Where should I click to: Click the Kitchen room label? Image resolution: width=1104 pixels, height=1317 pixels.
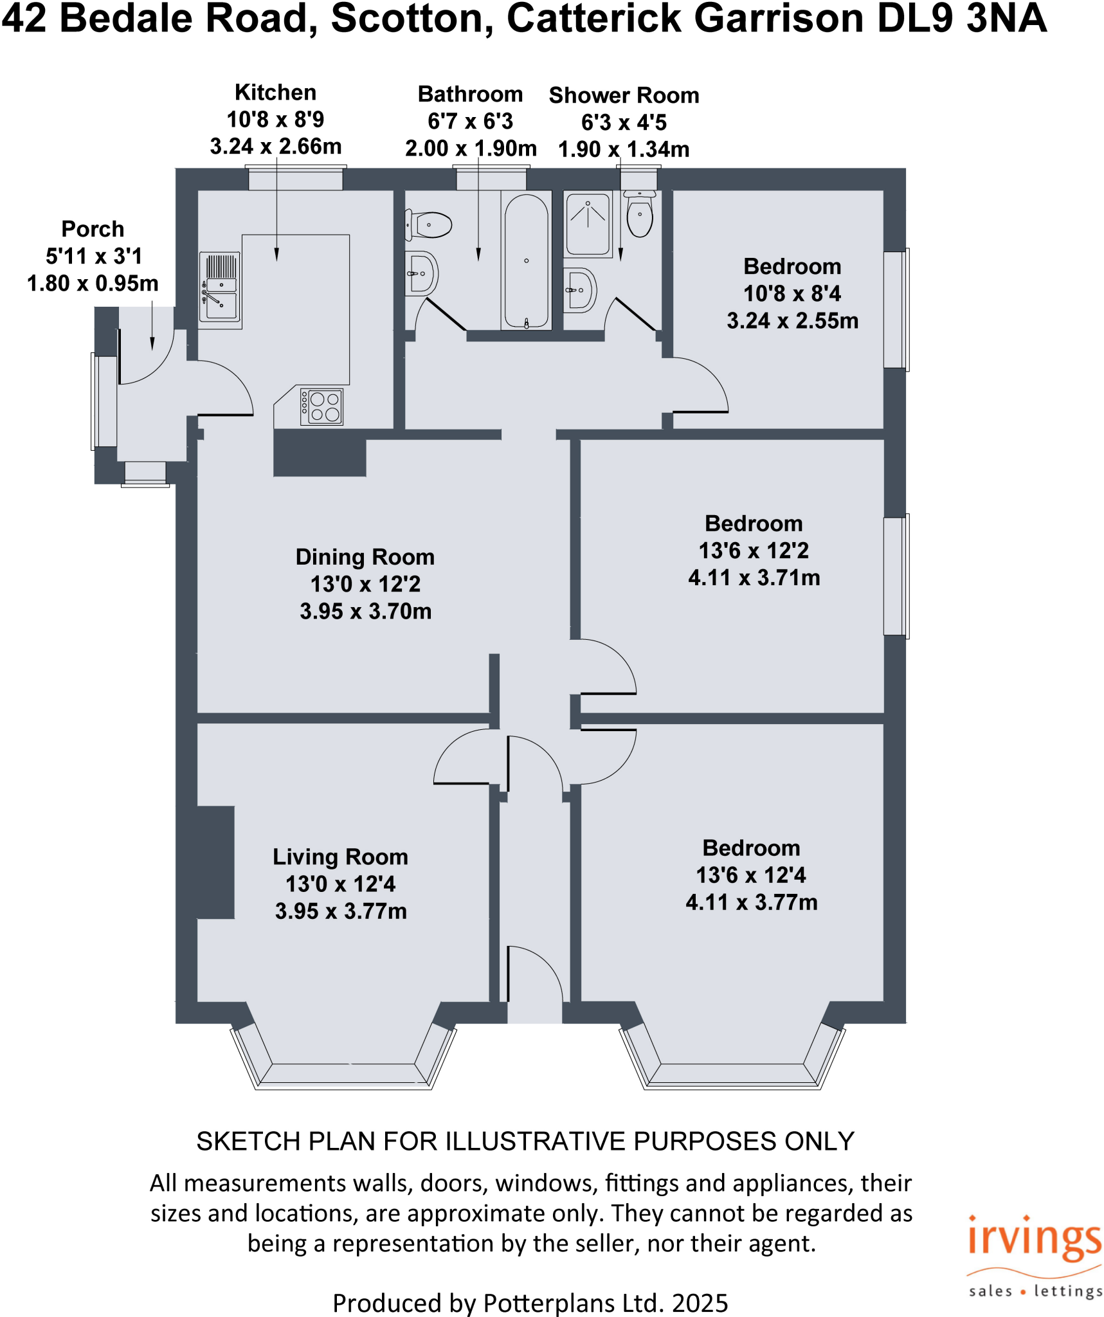(275, 93)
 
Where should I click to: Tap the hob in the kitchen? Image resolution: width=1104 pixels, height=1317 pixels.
(321, 406)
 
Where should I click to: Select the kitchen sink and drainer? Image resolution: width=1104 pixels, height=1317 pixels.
(221, 287)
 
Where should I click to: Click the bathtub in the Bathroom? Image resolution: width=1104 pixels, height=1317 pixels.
(526, 260)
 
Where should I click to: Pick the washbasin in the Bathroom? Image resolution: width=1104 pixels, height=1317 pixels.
(421, 273)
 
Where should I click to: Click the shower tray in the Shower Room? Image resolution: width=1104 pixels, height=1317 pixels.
(588, 224)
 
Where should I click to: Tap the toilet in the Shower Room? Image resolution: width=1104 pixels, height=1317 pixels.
(640, 213)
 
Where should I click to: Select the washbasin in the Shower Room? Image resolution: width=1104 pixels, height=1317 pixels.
(580, 290)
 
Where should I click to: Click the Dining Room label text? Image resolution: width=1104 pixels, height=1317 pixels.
(365, 557)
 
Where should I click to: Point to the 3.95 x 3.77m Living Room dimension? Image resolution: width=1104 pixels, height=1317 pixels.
(341, 911)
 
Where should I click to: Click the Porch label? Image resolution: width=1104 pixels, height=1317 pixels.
(93, 229)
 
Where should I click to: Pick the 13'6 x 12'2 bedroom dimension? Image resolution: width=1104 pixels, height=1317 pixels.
(754, 550)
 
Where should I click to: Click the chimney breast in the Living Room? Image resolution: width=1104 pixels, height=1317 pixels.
(215, 862)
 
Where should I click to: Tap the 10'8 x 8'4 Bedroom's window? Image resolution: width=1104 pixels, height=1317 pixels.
(896, 309)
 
